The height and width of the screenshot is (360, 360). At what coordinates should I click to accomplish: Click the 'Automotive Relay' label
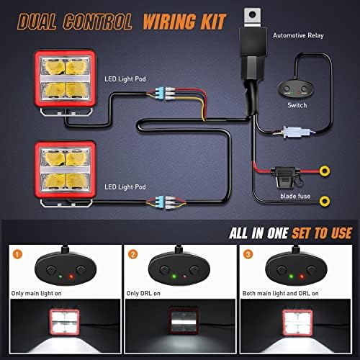(298, 35)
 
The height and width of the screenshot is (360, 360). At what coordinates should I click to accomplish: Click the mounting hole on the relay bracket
(252, 14)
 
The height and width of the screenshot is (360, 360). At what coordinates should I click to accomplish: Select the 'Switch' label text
(297, 105)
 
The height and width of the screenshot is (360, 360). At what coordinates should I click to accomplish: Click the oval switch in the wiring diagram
(295, 89)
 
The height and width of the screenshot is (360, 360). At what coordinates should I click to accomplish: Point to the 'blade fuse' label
(295, 196)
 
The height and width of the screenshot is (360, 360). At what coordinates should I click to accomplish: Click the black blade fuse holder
(287, 177)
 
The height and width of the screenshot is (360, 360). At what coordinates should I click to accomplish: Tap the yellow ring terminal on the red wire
(325, 171)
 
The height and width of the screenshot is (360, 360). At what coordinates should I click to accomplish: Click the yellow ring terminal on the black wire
(325, 201)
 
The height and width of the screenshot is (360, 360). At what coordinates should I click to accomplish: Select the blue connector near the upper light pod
(159, 94)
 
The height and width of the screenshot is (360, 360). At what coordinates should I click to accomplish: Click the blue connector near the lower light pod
(159, 202)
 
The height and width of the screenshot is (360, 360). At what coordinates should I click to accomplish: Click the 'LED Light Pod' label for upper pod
(125, 79)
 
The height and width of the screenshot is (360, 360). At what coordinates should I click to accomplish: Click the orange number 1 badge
(17, 254)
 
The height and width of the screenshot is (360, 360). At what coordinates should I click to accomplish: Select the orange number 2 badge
(132, 254)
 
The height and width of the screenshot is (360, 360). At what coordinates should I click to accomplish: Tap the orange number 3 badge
(248, 254)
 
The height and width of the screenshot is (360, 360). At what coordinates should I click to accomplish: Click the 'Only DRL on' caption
(143, 293)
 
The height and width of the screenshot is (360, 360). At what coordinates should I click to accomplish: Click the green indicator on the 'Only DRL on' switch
(174, 276)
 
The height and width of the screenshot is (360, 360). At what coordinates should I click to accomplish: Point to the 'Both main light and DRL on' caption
(280, 293)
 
